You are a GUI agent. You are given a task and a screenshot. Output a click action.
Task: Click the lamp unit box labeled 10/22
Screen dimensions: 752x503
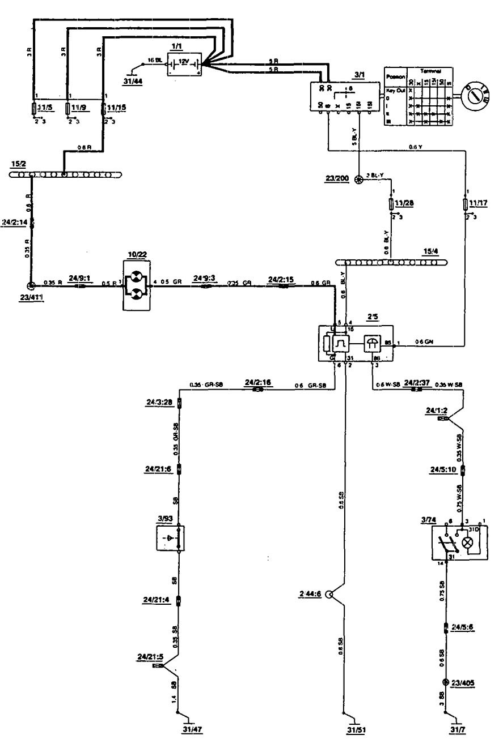(137, 285)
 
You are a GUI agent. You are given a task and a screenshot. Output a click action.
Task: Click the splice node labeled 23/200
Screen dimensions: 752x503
(358, 180)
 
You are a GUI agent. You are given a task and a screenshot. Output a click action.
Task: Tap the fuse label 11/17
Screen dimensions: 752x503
(479, 202)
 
